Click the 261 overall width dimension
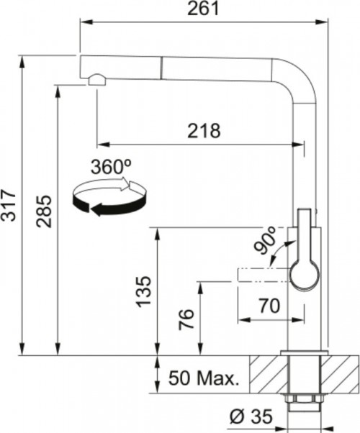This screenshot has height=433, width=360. pyautogui.click(x=204, y=9)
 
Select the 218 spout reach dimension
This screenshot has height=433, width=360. pyautogui.click(x=204, y=131)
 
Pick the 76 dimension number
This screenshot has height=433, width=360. pyautogui.click(x=184, y=319)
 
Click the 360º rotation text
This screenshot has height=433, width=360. pyautogui.click(x=111, y=167)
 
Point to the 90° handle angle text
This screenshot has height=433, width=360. pyautogui.click(x=266, y=241)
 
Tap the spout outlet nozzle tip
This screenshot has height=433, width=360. pyautogui.click(x=93, y=81)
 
